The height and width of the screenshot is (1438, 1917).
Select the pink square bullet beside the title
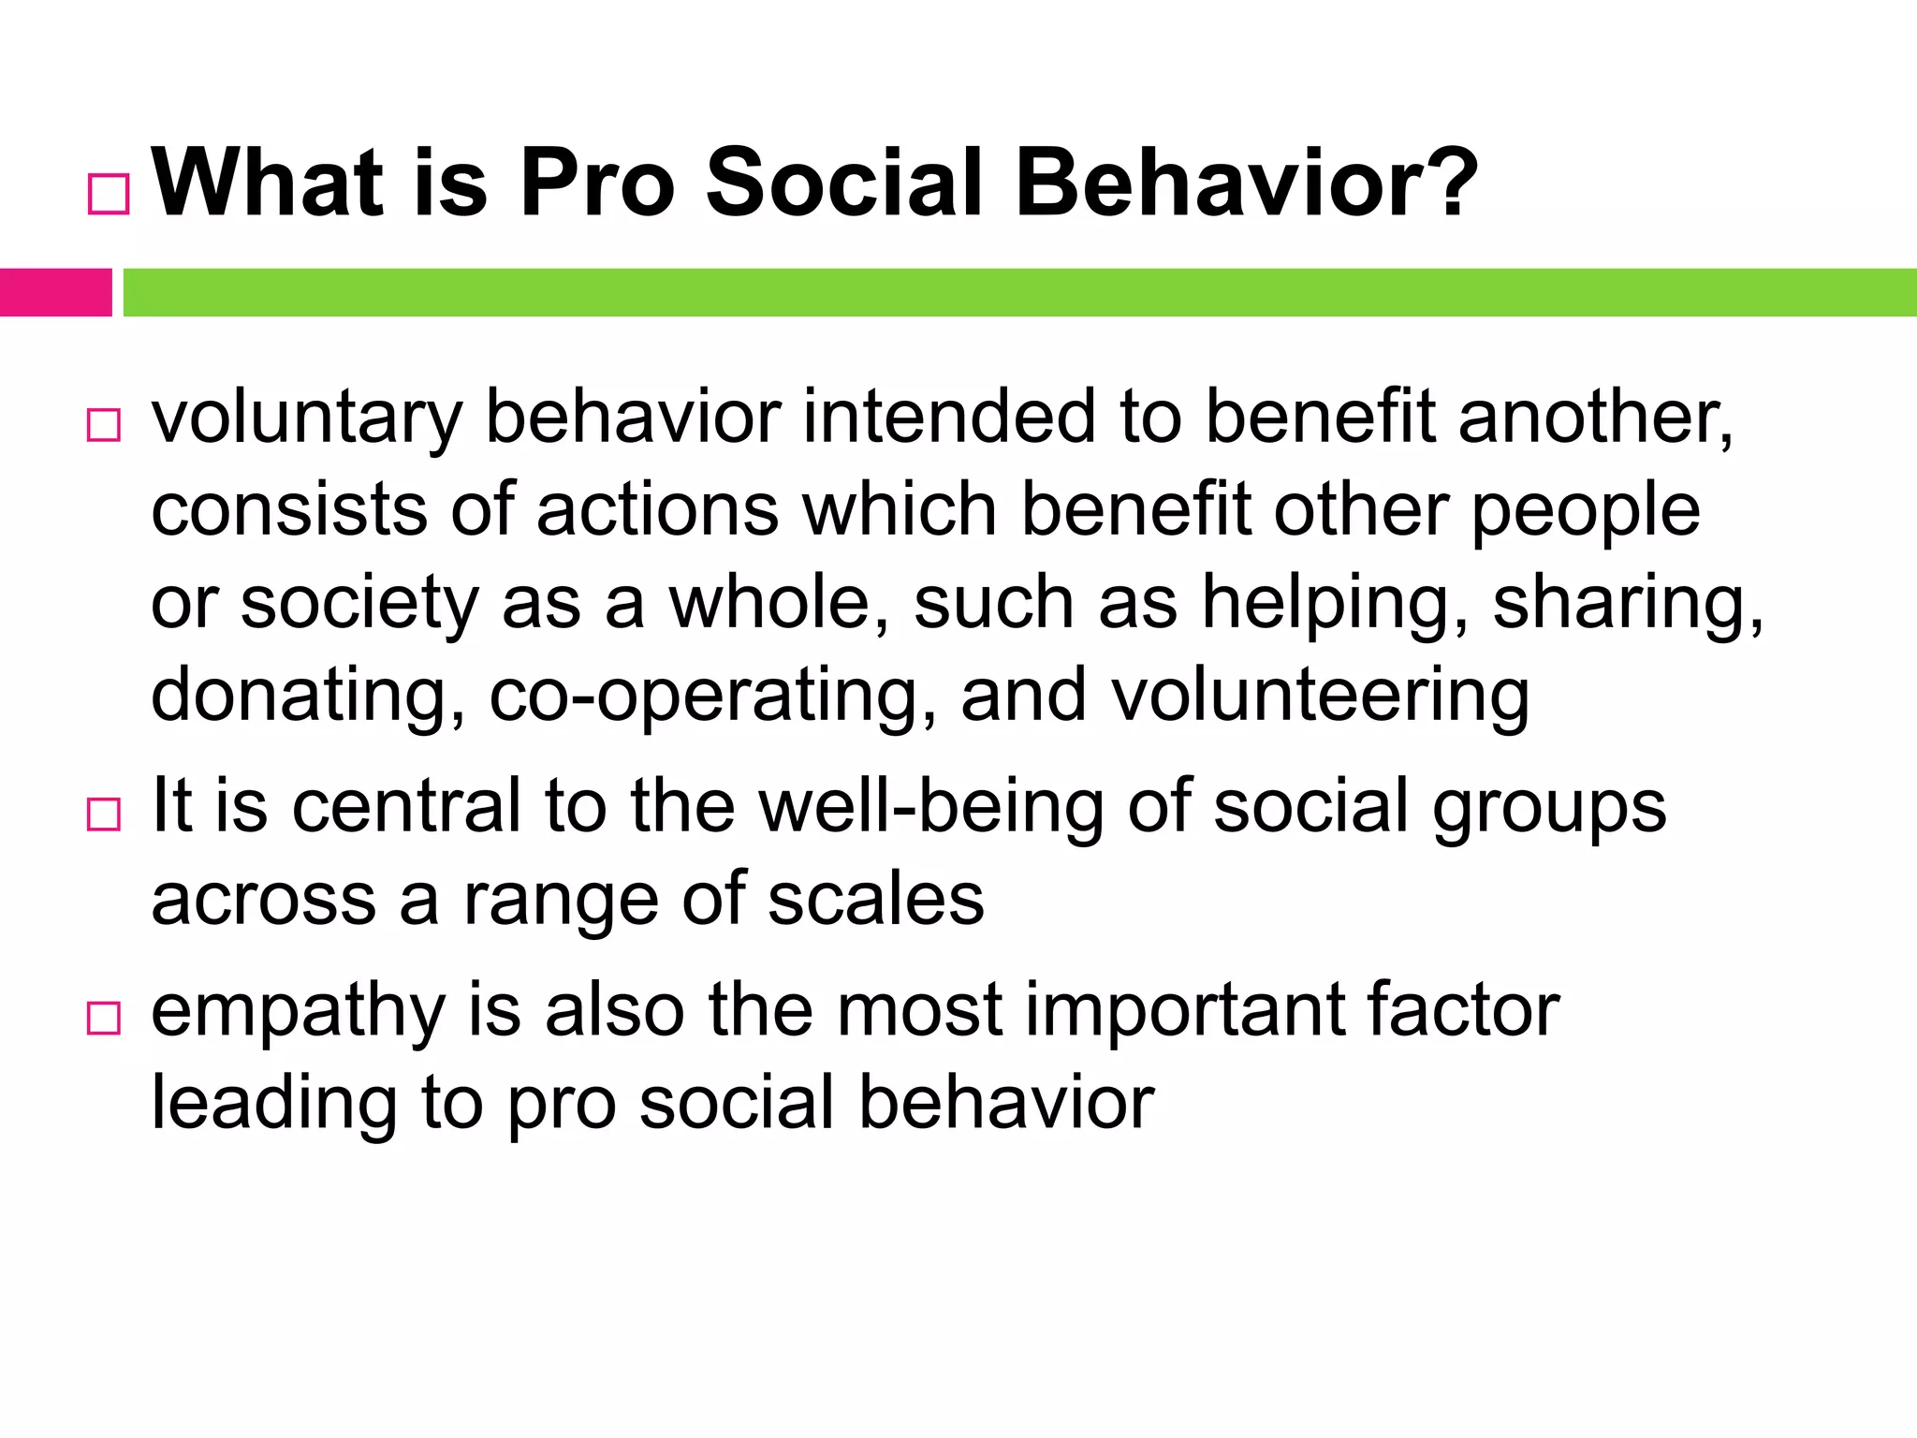point(109,195)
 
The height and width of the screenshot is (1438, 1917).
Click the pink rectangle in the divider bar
point(55,292)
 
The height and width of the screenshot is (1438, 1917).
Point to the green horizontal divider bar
point(1018,292)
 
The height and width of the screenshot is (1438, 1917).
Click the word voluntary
point(306,418)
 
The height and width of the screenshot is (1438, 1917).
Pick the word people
point(1586,513)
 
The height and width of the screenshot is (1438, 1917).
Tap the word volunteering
point(1320,697)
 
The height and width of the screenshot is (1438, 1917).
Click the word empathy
point(299,1012)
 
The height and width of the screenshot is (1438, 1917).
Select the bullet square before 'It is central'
point(104,814)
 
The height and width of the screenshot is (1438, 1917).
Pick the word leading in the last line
point(274,1103)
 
